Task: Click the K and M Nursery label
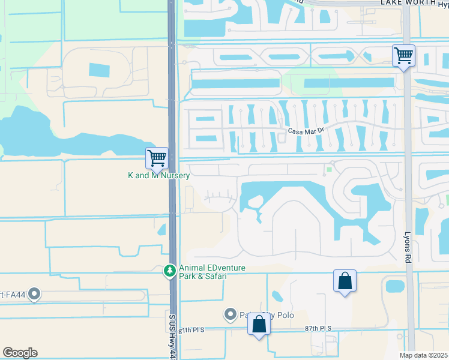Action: tap(159, 176)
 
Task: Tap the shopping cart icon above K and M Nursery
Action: tap(157, 158)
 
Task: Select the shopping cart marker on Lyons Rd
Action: tap(404, 56)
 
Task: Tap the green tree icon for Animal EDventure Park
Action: tap(170, 272)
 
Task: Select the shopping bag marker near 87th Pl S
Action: tap(259, 325)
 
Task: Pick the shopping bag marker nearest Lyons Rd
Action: tap(345, 281)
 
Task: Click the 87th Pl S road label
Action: tap(318, 329)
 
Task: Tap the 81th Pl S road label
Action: tap(191, 330)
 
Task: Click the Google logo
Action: tap(20, 353)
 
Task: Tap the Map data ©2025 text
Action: tap(423, 355)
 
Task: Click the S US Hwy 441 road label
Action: tap(172, 339)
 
